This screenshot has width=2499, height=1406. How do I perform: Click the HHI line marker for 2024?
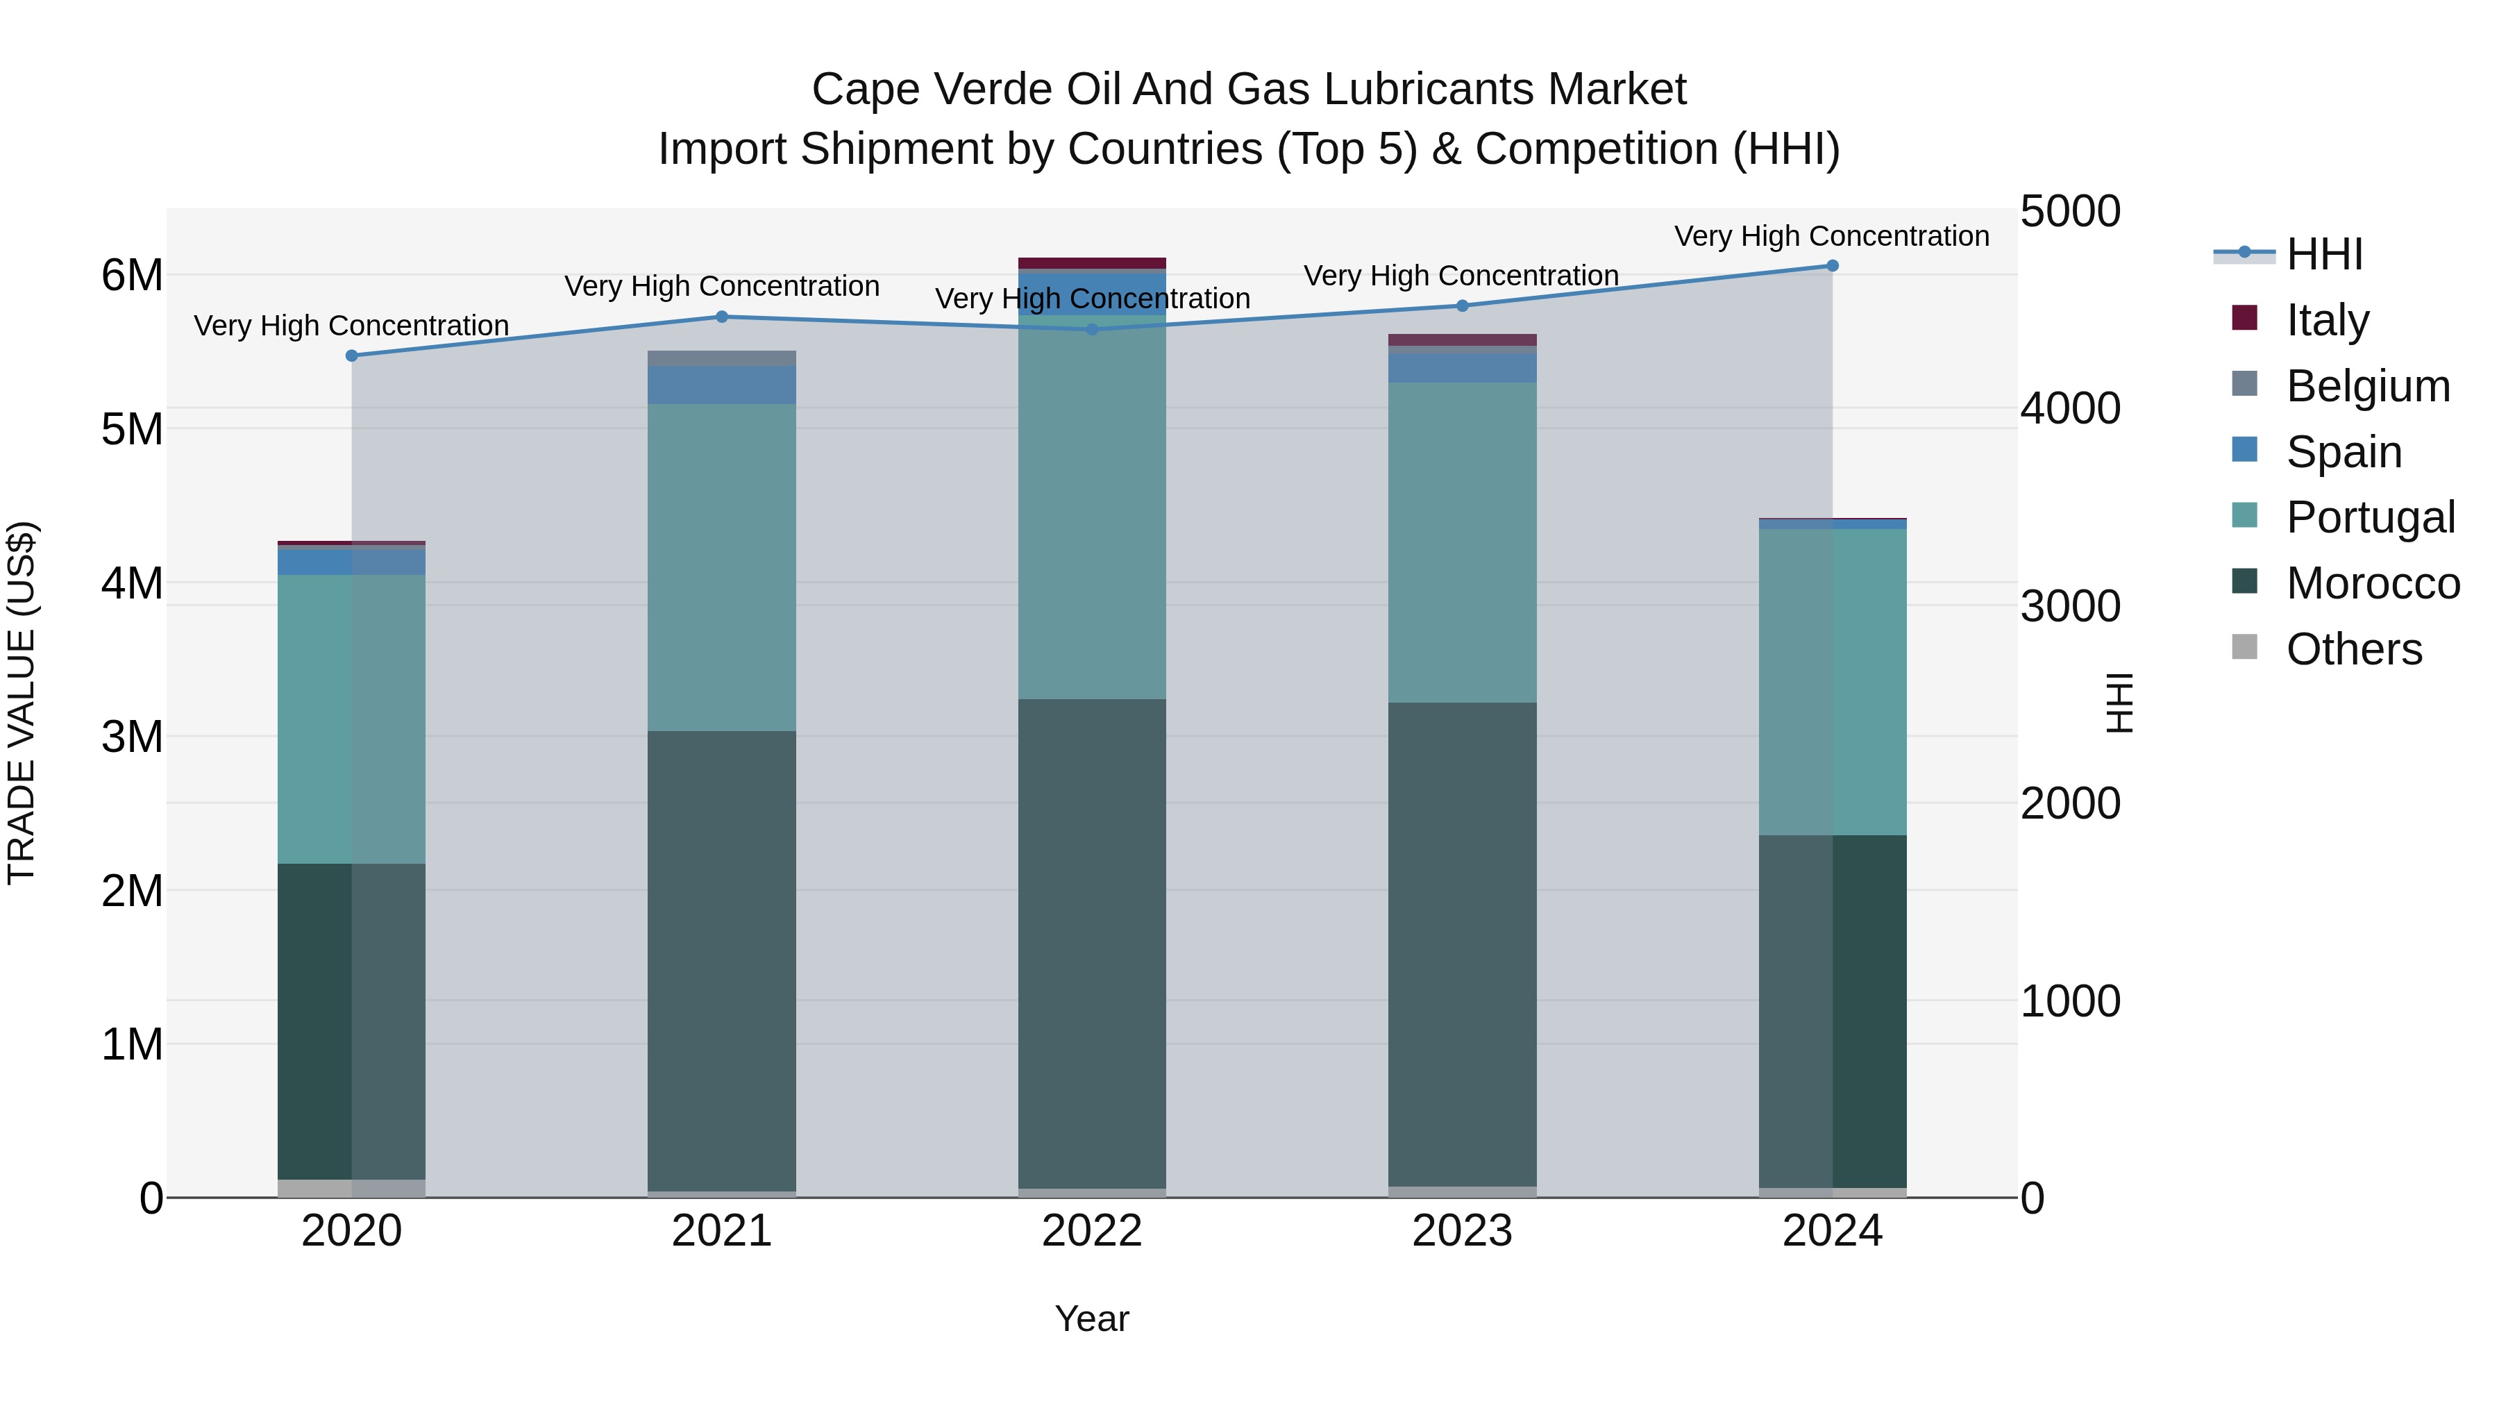click(1832, 266)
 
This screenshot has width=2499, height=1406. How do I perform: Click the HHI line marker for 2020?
click(351, 356)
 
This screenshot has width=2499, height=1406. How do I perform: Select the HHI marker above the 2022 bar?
click(1093, 330)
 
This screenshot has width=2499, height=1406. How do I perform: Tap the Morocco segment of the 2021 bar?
click(722, 961)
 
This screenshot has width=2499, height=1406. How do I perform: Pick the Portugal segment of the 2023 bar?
click(1462, 544)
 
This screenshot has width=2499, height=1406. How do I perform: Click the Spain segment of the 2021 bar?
click(722, 385)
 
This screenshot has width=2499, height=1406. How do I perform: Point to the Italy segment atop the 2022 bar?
click(1093, 263)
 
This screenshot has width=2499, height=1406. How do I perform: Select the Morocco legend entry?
click(2371, 583)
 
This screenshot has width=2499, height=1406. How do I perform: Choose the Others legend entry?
click(2353, 649)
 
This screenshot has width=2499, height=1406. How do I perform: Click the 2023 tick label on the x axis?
click(1462, 1231)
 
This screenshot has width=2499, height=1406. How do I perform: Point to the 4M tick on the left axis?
click(132, 583)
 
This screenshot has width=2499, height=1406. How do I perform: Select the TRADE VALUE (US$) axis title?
click(22, 703)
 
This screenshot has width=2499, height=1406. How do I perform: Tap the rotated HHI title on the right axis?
click(2120, 703)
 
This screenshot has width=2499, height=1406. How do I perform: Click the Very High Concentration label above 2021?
click(722, 286)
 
